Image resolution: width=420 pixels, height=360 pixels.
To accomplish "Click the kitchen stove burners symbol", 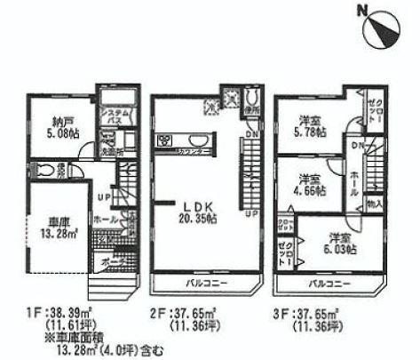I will pos(166,140).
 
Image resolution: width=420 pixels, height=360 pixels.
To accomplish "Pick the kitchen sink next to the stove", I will pos(194,141).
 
